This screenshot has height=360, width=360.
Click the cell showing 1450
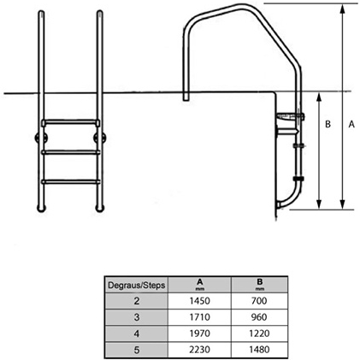coord(199,301)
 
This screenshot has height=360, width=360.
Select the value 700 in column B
coord(259,301)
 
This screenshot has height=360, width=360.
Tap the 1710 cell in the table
coord(199,317)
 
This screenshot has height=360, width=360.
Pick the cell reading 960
coord(259,317)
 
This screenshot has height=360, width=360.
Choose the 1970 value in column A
coord(199,333)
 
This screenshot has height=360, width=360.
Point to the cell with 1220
coord(259,333)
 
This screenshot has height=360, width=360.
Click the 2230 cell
coord(199,350)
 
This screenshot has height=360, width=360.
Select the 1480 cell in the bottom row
coord(259,350)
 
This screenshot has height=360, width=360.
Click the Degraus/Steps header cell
coord(137,285)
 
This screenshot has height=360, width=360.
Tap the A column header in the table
coord(199,285)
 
